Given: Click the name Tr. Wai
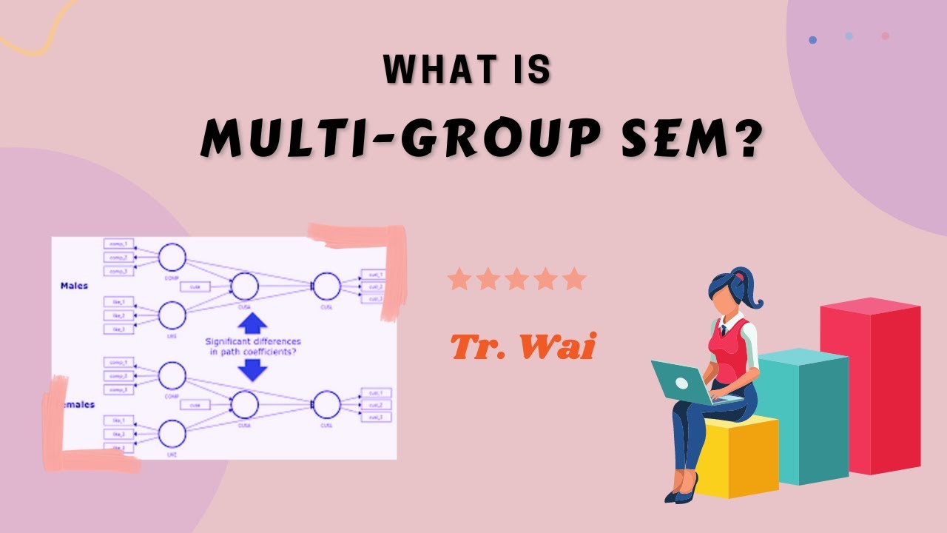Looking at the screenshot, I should [522, 346].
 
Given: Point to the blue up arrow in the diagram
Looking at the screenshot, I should [253, 323].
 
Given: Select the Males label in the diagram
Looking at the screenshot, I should [74, 285].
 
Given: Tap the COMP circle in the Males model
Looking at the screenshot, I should [172, 257].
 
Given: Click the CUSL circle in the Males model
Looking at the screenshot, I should [326, 285].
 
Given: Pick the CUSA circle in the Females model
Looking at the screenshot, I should [245, 403].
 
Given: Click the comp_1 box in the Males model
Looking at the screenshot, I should [118, 244].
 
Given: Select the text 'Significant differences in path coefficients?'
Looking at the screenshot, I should [253, 346].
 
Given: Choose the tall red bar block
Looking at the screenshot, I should [870, 385].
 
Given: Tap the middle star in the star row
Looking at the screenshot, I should [516, 280].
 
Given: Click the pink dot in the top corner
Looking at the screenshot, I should [885, 36].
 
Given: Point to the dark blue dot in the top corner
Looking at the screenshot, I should [813, 40].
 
